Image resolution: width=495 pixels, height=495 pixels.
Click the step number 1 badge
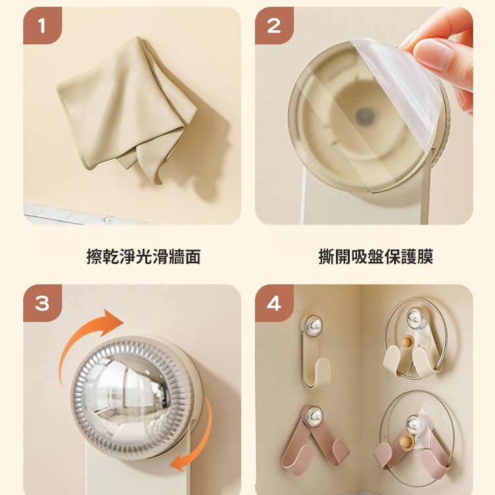click(42, 26)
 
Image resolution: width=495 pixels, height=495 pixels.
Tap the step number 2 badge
click(274, 26)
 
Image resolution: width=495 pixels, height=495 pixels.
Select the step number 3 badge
click(42, 303)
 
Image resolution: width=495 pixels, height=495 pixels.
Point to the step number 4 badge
click(274, 303)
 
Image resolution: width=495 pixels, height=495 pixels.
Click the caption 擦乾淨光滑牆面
click(143, 257)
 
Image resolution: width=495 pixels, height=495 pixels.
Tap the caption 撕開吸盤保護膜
click(376, 257)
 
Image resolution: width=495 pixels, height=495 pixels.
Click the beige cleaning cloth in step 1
click(125, 106)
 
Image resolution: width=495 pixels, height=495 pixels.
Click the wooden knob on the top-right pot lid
click(409, 342)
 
